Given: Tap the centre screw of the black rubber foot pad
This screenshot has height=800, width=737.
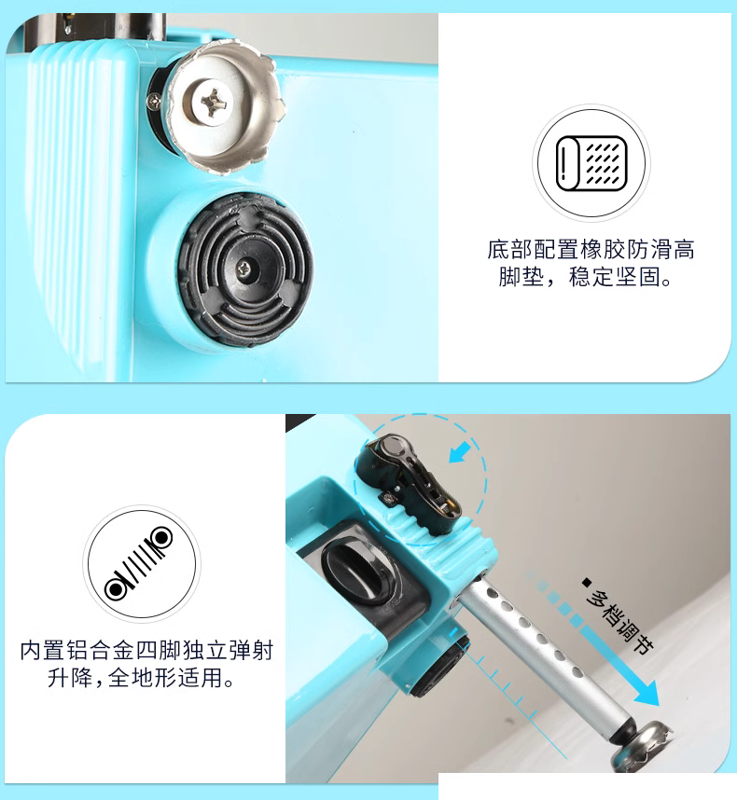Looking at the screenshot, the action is [x=245, y=267].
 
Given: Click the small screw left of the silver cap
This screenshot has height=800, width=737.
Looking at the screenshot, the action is [x=154, y=102].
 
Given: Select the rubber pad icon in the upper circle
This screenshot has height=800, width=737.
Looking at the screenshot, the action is [x=591, y=163].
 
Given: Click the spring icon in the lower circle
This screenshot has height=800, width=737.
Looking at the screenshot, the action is [x=139, y=564].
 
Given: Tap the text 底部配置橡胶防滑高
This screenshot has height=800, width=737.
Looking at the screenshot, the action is [x=591, y=250].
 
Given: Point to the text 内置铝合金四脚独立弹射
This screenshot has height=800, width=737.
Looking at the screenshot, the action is [x=147, y=650].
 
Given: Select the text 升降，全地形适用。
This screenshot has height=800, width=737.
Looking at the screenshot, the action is [x=141, y=678].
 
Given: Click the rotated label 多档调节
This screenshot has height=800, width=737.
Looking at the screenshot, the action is [x=619, y=621].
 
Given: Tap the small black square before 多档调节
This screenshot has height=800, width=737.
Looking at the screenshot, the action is [x=587, y=582].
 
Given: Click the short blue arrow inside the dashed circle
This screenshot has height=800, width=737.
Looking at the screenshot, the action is [x=459, y=452].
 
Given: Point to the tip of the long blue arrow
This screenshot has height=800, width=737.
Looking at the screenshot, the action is [x=658, y=706].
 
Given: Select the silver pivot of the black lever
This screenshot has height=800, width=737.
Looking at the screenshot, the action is [x=394, y=447].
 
